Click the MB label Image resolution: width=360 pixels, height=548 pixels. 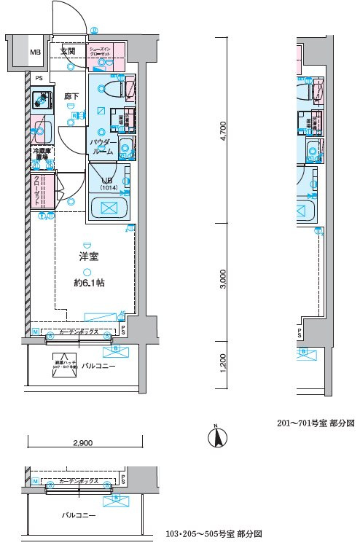pyautogui.click(x=35, y=52)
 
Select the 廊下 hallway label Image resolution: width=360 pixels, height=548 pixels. pyautogui.click(x=71, y=95)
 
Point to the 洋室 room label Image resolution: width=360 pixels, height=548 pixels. pyautogui.click(x=89, y=256)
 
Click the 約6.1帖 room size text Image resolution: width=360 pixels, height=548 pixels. pyautogui.click(x=89, y=283)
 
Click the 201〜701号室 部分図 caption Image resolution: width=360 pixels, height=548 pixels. pyautogui.click(x=315, y=423)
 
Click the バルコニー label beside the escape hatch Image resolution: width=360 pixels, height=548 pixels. pyautogui.click(x=98, y=365)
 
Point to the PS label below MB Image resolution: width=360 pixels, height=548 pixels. pyautogui.click(x=39, y=79)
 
